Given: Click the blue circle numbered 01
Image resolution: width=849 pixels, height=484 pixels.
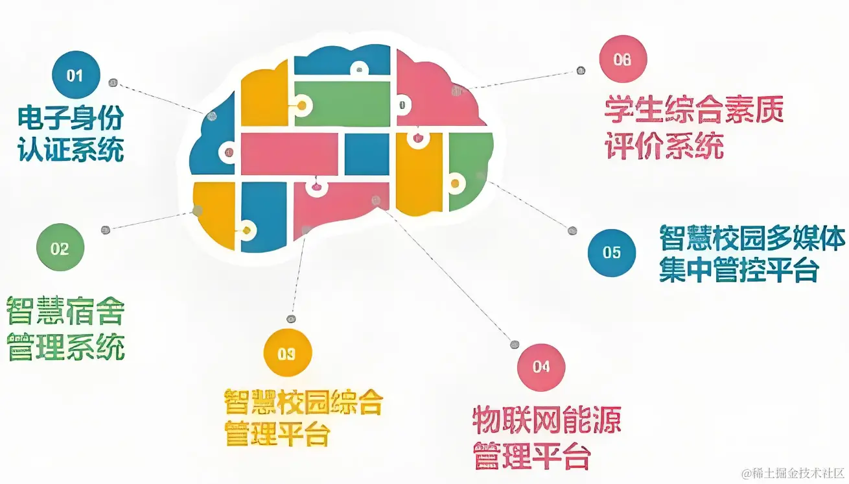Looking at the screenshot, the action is (76, 75).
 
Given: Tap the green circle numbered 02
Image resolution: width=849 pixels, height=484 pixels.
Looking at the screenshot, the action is (60, 248).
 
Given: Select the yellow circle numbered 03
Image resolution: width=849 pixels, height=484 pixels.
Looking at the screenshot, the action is (287, 354).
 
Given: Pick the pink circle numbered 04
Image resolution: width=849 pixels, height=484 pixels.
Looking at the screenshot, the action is (541, 367).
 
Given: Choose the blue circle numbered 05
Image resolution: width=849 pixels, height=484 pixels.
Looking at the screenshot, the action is (612, 252).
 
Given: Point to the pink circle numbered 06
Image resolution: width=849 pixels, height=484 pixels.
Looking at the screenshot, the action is (623, 59).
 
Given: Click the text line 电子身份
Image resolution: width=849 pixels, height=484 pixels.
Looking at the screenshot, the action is (70, 119).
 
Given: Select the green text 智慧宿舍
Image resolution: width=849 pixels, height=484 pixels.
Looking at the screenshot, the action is (65, 312).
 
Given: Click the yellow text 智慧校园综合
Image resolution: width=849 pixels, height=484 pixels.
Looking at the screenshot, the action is (303, 403).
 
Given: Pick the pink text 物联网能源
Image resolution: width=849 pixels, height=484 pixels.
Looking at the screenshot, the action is (547, 420).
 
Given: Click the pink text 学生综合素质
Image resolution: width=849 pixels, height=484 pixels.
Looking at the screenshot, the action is (695, 111).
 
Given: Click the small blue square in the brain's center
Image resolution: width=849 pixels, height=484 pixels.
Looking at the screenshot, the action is (366, 154).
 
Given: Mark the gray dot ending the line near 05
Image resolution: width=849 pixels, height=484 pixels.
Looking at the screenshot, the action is (572, 230).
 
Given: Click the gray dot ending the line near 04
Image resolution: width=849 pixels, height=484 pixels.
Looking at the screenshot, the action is (515, 345).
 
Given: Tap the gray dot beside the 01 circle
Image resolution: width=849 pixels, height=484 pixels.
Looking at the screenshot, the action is (113, 83).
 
